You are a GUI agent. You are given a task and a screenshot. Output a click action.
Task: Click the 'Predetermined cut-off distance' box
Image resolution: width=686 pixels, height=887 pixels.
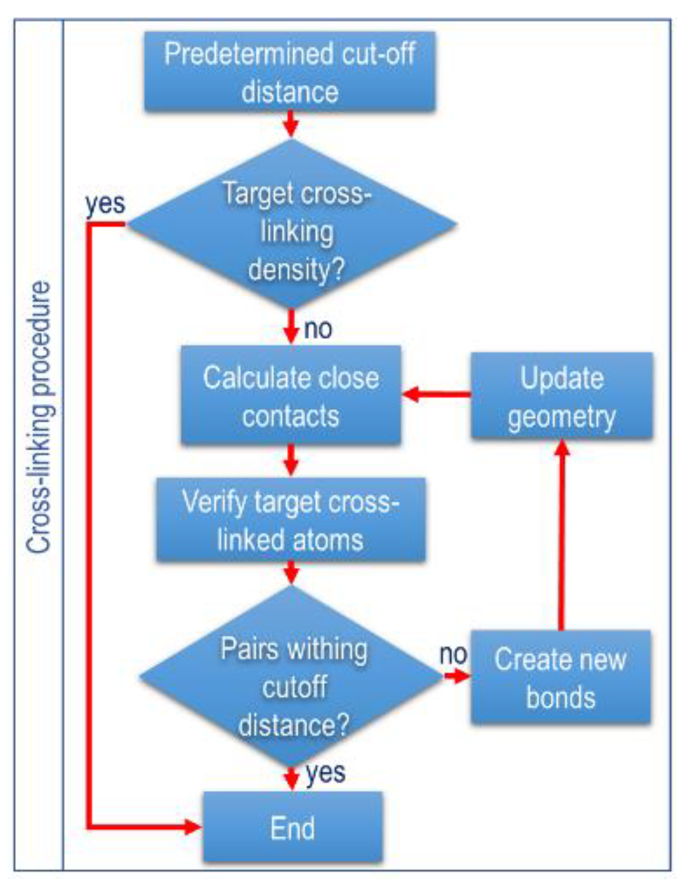(x=289, y=72)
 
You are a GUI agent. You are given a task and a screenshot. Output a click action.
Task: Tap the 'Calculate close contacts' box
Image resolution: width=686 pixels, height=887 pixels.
(x=291, y=395)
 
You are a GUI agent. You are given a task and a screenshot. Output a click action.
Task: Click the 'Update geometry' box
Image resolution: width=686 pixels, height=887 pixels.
(x=562, y=395)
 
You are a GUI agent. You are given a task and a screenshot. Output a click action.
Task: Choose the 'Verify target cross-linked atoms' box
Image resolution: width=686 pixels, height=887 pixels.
(x=290, y=520)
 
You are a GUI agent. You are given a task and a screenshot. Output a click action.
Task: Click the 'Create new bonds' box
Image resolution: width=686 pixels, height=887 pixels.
(x=560, y=677)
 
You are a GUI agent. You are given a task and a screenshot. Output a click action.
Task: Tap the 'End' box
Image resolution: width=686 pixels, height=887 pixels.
(x=292, y=828)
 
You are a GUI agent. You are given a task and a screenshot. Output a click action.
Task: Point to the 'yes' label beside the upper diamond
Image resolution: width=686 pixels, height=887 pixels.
(x=105, y=204)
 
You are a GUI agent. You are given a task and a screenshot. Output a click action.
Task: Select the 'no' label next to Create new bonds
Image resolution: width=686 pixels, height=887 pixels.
(x=453, y=655)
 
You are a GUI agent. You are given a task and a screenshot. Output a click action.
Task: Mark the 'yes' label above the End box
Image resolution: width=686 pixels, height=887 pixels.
(x=326, y=773)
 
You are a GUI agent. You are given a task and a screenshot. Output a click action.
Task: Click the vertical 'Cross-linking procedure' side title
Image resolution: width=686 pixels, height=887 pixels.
(x=39, y=418)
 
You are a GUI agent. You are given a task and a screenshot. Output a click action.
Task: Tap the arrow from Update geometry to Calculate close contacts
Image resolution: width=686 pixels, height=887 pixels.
(x=436, y=394)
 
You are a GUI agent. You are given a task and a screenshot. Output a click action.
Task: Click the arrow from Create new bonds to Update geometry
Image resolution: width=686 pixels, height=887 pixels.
(x=562, y=534)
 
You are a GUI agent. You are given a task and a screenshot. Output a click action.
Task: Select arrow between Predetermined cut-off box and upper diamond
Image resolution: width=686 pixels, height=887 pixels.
(x=291, y=124)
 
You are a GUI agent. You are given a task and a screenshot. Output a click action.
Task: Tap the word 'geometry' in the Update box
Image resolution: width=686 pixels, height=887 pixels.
(x=562, y=418)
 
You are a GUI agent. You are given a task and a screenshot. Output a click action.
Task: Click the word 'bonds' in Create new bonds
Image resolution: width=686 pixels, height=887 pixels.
(x=561, y=698)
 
